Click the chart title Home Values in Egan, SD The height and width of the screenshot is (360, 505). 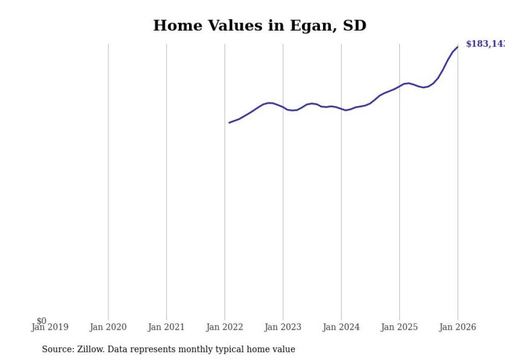(260, 25)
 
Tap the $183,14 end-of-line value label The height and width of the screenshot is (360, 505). (484, 44)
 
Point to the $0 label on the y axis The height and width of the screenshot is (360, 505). (41, 321)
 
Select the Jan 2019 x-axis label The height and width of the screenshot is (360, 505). (49, 327)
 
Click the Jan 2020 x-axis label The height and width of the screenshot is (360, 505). (108, 327)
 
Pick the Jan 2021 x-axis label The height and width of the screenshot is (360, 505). (166, 327)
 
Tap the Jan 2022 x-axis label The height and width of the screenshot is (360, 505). (225, 327)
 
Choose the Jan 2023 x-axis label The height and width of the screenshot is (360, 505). (283, 327)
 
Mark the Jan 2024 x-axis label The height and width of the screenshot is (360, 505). (341, 327)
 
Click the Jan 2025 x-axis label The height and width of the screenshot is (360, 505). (399, 327)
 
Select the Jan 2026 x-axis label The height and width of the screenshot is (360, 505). (458, 327)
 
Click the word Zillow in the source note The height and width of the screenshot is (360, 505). (90, 349)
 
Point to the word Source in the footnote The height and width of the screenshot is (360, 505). (58, 349)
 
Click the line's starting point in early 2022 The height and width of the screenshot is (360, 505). (229, 123)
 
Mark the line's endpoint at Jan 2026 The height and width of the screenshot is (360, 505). (458, 47)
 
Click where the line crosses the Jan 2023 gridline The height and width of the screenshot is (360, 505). (283, 107)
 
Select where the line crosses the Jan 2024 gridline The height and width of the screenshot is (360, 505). (341, 109)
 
